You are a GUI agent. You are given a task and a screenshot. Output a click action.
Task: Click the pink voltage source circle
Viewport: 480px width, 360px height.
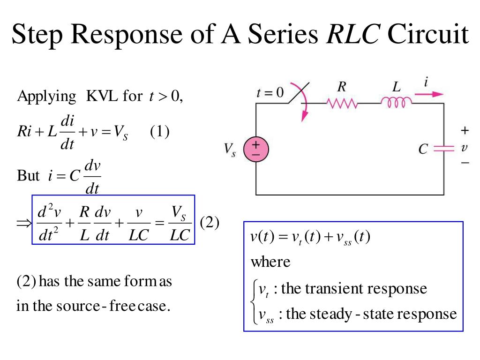tap(256, 149)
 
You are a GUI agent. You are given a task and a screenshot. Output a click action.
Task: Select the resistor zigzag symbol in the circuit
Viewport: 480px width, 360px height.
tap(342, 103)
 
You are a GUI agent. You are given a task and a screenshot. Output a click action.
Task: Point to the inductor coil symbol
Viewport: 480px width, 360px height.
tap(397, 102)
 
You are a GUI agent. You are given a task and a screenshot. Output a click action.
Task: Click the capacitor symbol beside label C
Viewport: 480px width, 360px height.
tap(444, 149)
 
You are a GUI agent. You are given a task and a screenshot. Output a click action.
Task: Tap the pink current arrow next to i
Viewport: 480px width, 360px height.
tap(429, 94)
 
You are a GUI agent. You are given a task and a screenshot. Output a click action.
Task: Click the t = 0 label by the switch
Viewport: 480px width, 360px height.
tap(270, 92)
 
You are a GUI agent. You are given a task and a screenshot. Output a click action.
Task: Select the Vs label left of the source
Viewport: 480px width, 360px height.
tap(230, 150)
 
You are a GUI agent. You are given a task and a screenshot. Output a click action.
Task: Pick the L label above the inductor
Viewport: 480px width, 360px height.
tap(397, 87)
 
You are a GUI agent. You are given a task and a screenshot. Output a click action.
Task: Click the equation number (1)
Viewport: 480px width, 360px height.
tap(159, 132)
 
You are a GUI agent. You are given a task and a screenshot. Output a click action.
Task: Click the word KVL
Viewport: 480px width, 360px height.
tap(102, 97)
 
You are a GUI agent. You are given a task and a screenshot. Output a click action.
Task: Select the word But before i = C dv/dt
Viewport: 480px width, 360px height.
tap(28, 176)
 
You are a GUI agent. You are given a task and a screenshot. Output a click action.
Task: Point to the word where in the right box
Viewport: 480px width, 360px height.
tap(270, 262)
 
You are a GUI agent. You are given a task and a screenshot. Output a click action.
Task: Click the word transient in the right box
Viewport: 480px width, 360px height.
tap(334, 288)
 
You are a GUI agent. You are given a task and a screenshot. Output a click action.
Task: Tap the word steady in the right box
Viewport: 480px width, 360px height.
tap(329, 314)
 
